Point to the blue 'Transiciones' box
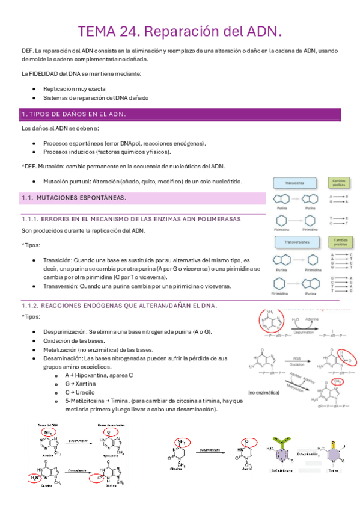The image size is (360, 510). [x=294, y=183]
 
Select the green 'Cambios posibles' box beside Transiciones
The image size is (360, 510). [x=338, y=183]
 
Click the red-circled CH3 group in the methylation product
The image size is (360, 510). [x=338, y=381]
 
